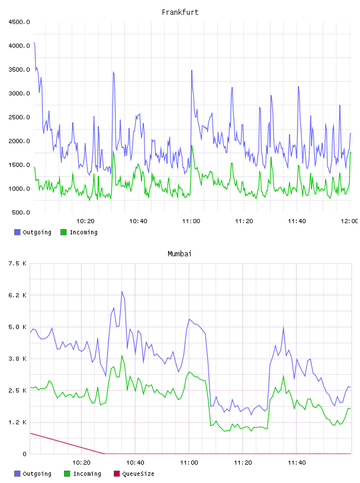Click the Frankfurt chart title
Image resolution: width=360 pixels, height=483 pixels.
180,12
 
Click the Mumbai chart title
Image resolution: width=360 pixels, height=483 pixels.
179,254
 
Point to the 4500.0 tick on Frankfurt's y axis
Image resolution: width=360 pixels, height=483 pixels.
19,22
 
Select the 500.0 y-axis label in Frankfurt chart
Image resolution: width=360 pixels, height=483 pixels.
21,212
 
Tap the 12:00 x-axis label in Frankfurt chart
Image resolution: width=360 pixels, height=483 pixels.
349,221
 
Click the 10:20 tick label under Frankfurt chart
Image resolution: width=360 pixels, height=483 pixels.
85,221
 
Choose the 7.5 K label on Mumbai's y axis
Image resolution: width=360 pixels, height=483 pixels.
17,263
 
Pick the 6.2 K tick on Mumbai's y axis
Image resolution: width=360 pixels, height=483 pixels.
17,295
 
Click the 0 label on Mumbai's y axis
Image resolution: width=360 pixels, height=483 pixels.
24,454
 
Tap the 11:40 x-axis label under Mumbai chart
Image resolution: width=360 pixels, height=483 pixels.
297,463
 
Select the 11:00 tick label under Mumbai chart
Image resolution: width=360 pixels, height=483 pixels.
189,463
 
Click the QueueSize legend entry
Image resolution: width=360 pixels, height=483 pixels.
134,474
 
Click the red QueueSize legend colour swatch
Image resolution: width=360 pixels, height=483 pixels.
117,474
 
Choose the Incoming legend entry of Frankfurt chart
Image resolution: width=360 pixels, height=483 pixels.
79,232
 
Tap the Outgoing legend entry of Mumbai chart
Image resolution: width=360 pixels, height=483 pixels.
33,474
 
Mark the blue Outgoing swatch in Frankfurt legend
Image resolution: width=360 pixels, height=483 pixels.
17,232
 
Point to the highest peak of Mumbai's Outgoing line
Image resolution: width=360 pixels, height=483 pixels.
122,291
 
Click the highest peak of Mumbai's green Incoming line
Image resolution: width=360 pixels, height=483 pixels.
122,356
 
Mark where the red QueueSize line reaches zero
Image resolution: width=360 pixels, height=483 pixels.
104,454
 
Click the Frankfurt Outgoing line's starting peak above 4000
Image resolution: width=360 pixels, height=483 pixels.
34,43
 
